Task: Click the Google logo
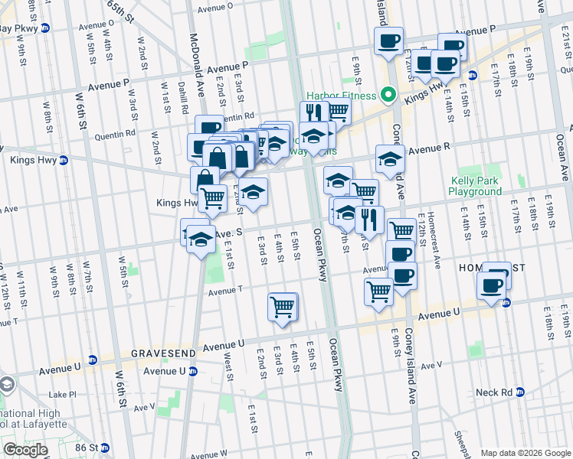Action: point(25,450)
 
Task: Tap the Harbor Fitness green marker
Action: point(388,96)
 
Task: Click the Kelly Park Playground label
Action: point(475,187)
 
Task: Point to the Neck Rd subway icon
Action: point(519,392)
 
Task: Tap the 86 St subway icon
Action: point(105,447)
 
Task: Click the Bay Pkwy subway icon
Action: point(45,28)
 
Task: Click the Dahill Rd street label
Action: point(184,93)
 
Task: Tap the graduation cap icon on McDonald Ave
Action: point(201,240)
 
